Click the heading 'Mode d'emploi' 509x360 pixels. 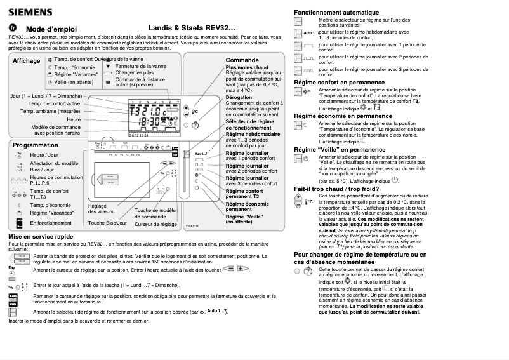pyautogui.click(x=51, y=29)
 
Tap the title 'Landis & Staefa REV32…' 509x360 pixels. pyautogui.click(x=192, y=29)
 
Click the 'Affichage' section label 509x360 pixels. pyautogui.click(x=26, y=61)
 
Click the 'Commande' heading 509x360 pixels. pyautogui.click(x=242, y=60)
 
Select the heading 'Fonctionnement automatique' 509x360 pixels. pyautogui.click(x=336, y=12)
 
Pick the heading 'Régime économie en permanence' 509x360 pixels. pyautogui.click(x=343, y=116)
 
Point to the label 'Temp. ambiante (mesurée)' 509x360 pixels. pyautogui.click(x=50, y=111)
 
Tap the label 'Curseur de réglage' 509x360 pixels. pyautogui.click(x=155, y=224)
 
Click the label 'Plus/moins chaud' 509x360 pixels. pyautogui.click(x=247, y=67)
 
